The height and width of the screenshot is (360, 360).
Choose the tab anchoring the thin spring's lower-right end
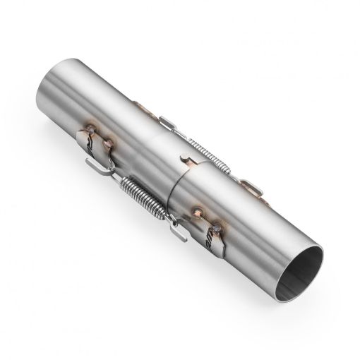(254, 188)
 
